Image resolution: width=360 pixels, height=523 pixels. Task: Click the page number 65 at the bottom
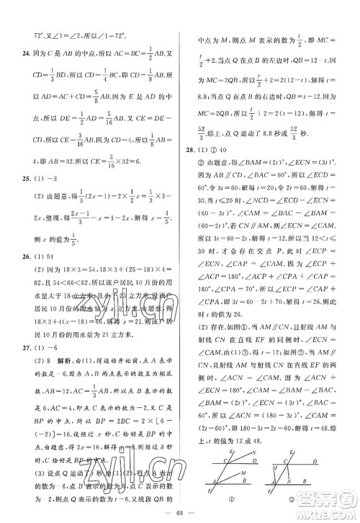(x=178, y=514)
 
